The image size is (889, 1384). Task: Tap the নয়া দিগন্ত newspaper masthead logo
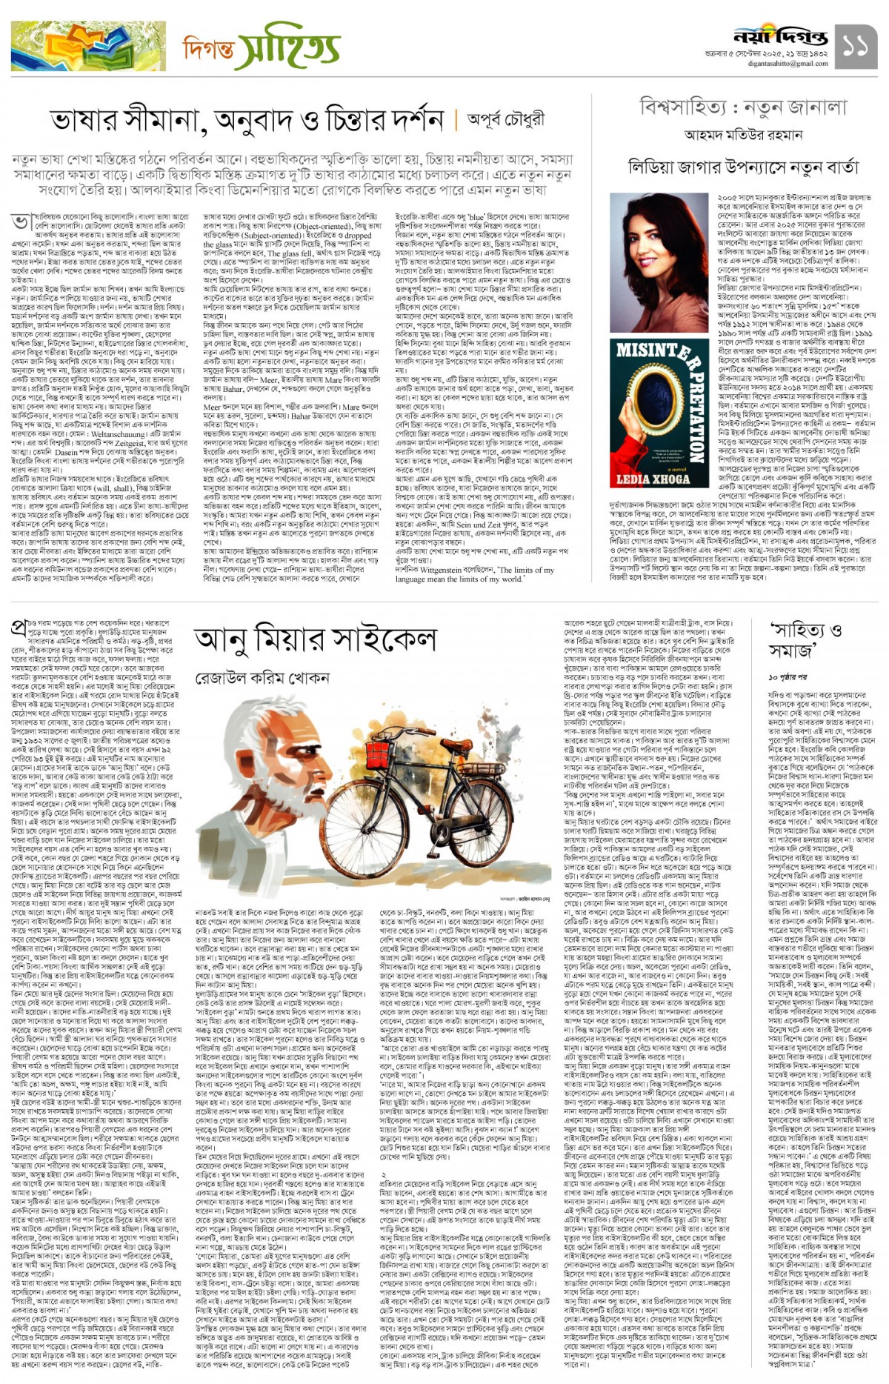[x=780, y=36]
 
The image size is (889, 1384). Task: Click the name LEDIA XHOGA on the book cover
[x=653, y=478]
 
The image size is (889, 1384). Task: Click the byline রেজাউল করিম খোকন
[x=262, y=678]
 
